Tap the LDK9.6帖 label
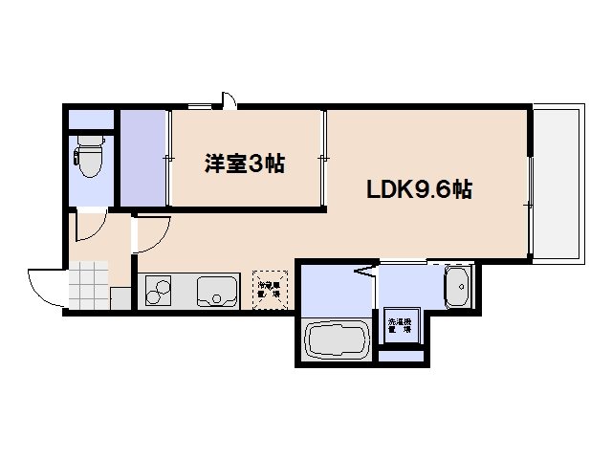coord(419,189)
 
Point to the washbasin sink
coord(458,285)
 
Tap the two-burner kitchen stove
coord(158,290)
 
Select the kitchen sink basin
coord(218,290)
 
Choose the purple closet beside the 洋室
coord(143,158)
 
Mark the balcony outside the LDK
coord(556,182)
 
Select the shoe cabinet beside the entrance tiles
coord(120,296)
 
